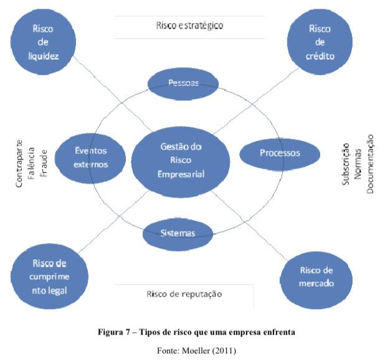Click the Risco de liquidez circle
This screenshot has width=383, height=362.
click(x=44, y=42)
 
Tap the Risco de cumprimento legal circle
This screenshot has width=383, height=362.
click(x=47, y=272)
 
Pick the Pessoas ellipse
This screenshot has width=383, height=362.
click(x=183, y=83)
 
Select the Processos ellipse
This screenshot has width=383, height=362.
click(x=279, y=153)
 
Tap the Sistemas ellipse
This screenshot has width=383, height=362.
click(x=178, y=234)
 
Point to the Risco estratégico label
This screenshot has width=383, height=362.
click(x=189, y=26)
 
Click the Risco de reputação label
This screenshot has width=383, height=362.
click(x=184, y=294)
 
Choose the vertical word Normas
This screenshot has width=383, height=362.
click(x=357, y=160)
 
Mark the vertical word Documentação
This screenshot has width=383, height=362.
click(x=369, y=160)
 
